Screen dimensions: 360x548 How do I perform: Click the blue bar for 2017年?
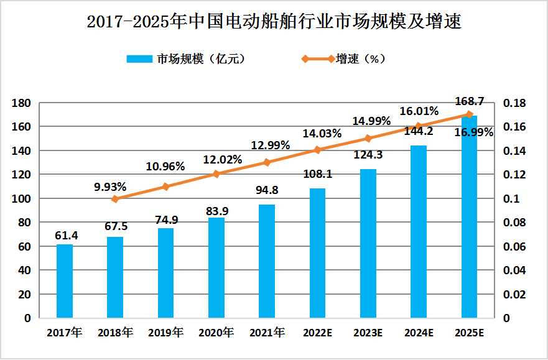[x=65, y=281]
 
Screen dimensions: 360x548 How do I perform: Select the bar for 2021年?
[x=267, y=261]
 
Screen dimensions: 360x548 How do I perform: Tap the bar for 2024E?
[x=419, y=232]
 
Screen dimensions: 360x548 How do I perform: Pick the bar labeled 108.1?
[x=317, y=253]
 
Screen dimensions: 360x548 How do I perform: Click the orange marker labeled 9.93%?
[x=115, y=199]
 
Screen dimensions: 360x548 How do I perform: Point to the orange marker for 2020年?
[x=216, y=174]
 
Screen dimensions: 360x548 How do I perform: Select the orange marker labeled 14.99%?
[x=368, y=139]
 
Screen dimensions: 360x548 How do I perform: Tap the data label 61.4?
[x=64, y=234]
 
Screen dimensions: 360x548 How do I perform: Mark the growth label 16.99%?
[x=474, y=132]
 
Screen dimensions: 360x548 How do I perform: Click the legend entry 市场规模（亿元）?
[x=184, y=59]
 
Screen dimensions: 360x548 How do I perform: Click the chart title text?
[x=274, y=22]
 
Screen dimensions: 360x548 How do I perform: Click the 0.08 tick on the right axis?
[x=513, y=223]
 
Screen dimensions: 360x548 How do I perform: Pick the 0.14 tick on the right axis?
[x=513, y=151]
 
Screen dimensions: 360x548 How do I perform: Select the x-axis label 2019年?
[x=165, y=333]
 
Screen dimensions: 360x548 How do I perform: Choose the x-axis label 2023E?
[x=368, y=333]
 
